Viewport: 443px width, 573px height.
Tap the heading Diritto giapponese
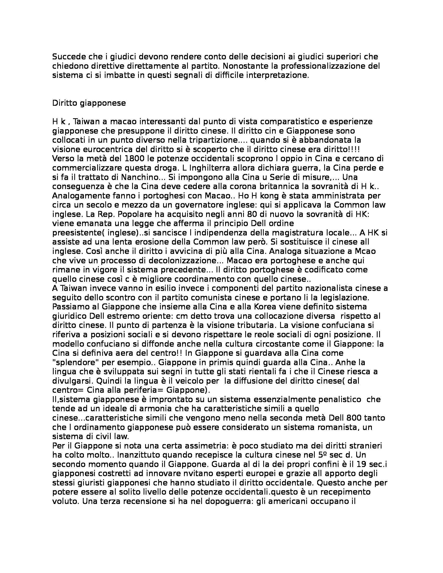[x=89, y=103]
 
